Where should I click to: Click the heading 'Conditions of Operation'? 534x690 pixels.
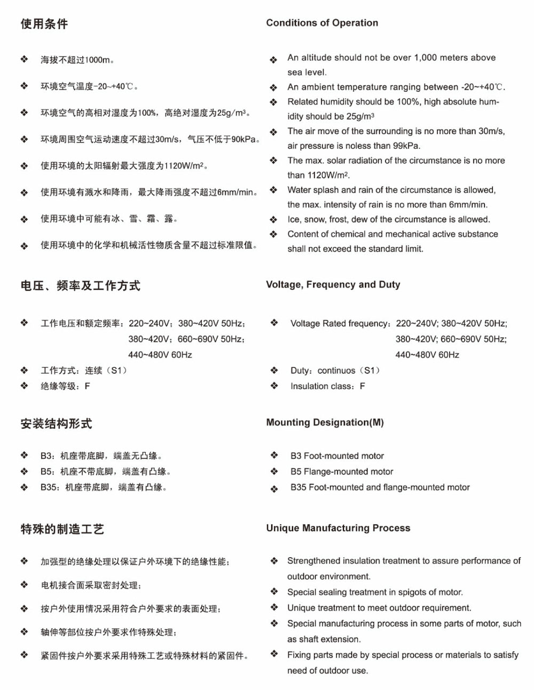click(322, 23)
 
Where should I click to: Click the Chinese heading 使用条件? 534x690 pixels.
click(44, 24)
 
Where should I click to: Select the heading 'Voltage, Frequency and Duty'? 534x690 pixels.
click(333, 285)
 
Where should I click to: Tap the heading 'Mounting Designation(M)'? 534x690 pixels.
click(325, 422)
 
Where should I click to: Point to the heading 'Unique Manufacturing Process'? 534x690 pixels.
click(338, 528)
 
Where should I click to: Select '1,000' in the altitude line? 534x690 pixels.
click(426, 58)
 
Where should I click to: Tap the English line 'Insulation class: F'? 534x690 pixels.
click(327, 386)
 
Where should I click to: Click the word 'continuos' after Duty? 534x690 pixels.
click(336, 371)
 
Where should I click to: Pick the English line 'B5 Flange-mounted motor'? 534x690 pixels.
click(342, 471)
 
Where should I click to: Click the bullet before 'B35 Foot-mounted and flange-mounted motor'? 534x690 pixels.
click(274, 488)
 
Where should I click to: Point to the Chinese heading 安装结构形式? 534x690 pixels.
click(56, 424)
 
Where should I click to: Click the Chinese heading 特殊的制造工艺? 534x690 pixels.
click(62, 529)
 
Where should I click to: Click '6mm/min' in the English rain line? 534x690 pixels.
click(468, 205)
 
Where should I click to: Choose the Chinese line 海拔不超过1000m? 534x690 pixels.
click(77, 60)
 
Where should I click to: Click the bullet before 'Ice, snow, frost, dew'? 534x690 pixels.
click(273, 220)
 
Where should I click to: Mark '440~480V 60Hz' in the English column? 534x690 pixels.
click(427, 355)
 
